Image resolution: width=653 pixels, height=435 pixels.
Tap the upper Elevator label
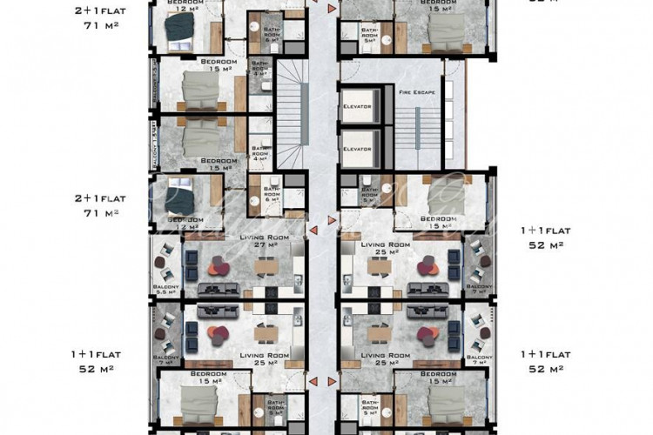click(357, 106)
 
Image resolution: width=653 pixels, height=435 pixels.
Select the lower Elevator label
click(357, 149)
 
